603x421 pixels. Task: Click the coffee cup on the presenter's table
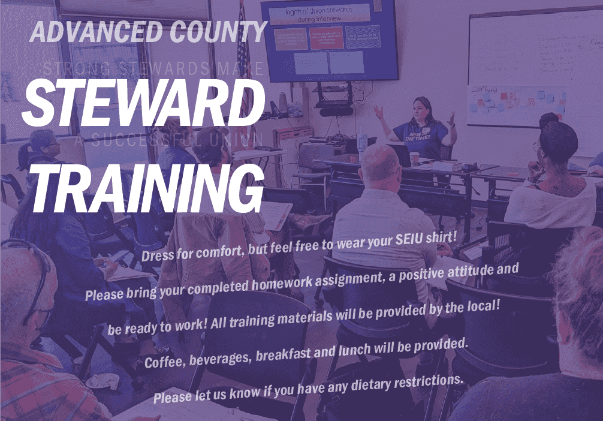(414, 159)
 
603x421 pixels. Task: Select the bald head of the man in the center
(379, 164)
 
